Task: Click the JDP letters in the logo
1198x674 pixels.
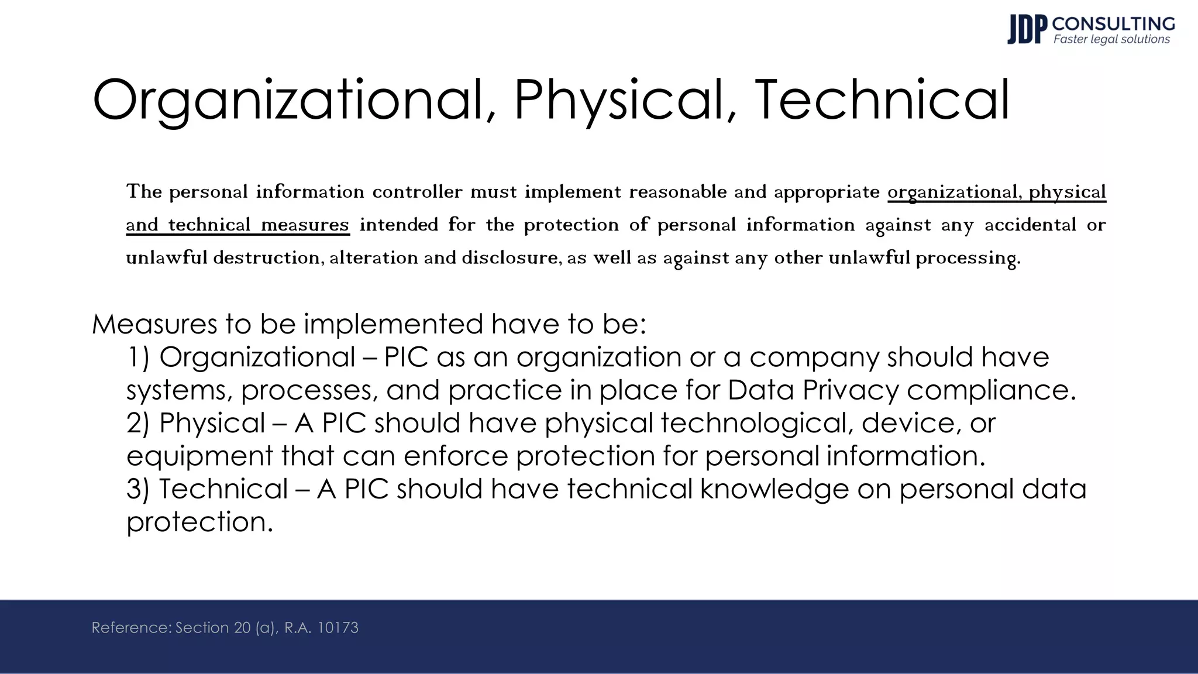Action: coord(1027,29)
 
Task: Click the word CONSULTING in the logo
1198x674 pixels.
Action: coord(1113,23)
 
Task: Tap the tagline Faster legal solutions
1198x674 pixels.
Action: coord(1111,39)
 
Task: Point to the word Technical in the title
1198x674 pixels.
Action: coord(882,100)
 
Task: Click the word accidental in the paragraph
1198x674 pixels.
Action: coord(1030,225)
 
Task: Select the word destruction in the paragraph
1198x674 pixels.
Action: coord(267,257)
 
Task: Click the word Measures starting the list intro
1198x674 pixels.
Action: coord(154,324)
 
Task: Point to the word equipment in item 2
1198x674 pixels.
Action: coord(200,456)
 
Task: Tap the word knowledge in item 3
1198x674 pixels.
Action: coord(774,489)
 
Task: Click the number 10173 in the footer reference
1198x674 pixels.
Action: coord(338,628)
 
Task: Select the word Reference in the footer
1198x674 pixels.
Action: coord(130,628)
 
